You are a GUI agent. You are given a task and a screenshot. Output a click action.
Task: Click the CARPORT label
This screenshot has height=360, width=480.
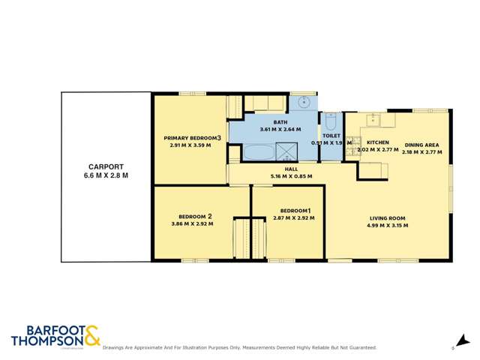click(106, 166)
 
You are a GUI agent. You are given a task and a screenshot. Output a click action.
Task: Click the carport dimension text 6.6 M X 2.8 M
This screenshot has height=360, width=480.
click(106, 175)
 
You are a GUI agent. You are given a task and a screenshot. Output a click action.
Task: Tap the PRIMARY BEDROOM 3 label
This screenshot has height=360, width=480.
click(192, 138)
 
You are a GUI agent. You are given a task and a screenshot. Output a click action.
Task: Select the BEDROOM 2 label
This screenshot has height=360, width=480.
click(192, 217)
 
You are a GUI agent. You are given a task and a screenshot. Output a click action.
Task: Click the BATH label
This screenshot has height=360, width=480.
click(280, 122)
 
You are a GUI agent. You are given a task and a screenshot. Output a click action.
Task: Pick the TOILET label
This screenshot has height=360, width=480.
click(331, 136)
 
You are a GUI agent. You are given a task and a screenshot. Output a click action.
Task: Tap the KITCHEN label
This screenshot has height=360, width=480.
click(377, 142)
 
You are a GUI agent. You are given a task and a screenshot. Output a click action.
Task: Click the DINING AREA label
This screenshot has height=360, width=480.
click(421, 145)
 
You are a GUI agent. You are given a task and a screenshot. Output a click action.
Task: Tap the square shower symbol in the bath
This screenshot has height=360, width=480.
click(286, 152)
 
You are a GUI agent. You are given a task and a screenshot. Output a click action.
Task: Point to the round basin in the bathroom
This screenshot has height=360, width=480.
click(304, 102)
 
